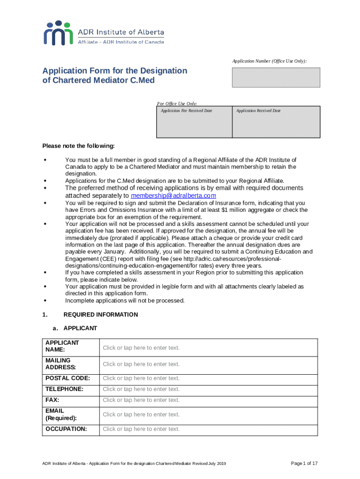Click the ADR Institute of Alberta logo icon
58,33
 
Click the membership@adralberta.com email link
173,196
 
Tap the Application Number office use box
276,78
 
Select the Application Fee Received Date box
194,122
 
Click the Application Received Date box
276,122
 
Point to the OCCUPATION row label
66,429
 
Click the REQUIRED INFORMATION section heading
101,315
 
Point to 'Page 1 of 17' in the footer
304,463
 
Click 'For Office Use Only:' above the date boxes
177,103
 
